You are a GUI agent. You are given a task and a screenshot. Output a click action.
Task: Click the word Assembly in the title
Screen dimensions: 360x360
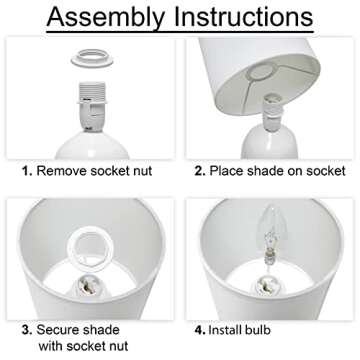106,17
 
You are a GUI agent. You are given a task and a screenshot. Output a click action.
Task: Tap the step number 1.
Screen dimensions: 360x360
27,171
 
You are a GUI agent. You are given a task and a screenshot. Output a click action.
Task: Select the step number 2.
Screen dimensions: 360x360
200,171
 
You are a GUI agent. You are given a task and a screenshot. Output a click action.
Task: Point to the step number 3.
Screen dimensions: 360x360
27,330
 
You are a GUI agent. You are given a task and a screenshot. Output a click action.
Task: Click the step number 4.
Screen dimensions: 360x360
200,330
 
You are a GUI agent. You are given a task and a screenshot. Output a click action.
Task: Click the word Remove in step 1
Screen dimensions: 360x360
62,171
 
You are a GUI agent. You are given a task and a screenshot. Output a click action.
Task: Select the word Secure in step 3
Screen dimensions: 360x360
58,330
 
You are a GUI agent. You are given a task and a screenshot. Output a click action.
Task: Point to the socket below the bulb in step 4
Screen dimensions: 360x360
268,287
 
